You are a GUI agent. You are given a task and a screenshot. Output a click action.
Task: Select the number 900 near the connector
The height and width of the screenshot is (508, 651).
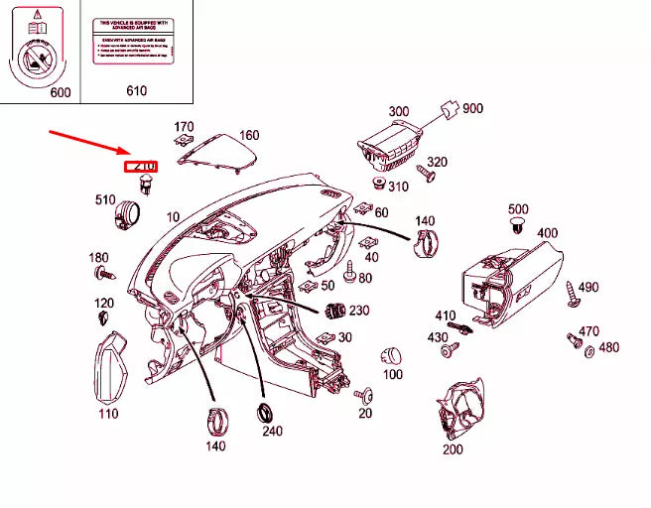click(472, 108)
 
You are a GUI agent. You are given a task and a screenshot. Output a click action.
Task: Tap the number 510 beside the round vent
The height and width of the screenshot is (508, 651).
click(105, 198)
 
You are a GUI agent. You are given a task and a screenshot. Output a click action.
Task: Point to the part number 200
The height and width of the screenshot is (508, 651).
click(453, 448)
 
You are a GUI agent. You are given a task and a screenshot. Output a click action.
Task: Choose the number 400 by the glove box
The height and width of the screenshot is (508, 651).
click(547, 232)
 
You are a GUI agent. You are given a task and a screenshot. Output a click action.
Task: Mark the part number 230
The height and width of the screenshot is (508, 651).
click(358, 310)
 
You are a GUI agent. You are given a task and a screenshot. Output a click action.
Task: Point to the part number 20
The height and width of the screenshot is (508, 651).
click(365, 413)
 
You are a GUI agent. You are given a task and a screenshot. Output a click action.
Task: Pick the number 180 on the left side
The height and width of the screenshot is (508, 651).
click(98, 257)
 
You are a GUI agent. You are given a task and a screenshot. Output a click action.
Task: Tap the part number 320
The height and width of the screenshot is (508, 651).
click(437, 162)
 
